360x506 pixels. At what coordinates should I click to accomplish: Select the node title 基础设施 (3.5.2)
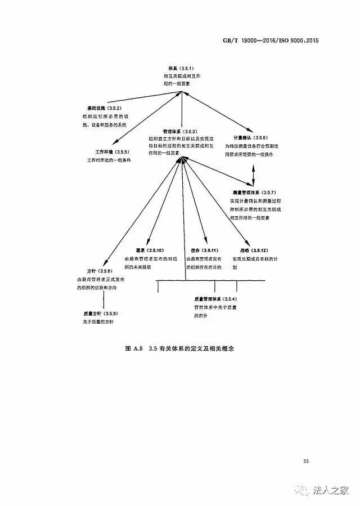tap(104, 108)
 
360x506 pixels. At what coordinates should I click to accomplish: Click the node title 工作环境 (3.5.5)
tap(112, 152)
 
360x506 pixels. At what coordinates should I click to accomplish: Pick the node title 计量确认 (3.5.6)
tap(250, 137)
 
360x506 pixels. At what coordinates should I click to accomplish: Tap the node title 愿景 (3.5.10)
tap(149, 250)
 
